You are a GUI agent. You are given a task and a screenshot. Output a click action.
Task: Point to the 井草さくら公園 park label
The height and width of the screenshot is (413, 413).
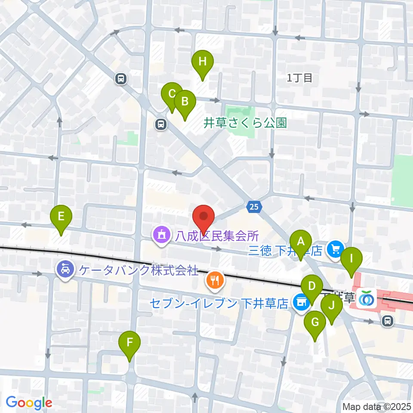[245, 123]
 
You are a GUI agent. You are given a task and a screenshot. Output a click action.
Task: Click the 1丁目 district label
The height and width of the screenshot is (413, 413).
[299, 78]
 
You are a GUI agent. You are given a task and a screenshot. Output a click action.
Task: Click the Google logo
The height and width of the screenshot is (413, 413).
[29, 403]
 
